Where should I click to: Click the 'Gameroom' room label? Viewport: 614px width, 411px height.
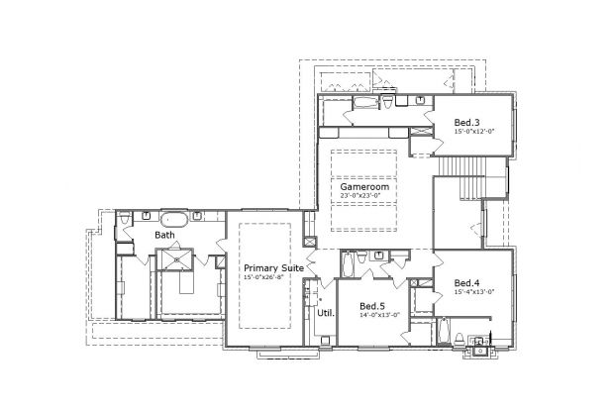[x=363, y=186]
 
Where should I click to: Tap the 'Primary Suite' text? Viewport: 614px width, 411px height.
[x=274, y=267]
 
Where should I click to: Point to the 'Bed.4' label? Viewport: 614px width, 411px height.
[x=467, y=283]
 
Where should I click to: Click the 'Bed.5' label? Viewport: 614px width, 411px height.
[x=372, y=306]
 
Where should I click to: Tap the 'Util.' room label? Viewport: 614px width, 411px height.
[x=325, y=313]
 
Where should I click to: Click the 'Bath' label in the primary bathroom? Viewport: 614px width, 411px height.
[x=164, y=235]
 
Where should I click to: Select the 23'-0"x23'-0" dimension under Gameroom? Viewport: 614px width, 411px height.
[x=363, y=196]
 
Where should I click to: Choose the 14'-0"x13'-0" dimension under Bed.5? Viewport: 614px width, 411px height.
[x=379, y=316]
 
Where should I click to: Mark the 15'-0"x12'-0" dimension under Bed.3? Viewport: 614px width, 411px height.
[x=473, y=131]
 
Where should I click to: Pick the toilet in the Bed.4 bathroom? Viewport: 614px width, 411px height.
[x=480, y=346]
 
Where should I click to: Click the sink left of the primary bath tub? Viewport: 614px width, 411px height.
[x=146, y=214]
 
